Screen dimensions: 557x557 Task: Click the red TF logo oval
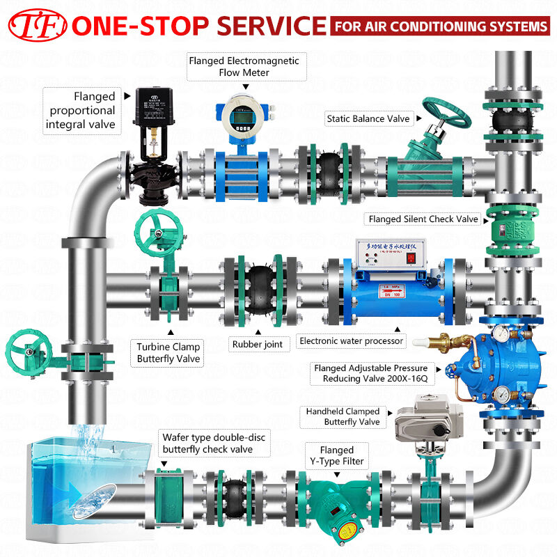click(x=36, y=26)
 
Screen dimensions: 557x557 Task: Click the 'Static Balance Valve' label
click(x=368, y=119)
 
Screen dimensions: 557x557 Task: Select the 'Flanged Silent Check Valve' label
click(x=423, y=219)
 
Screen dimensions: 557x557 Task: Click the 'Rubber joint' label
click(x=256, y=343)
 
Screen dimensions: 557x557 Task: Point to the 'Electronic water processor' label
click(x=351, y=341)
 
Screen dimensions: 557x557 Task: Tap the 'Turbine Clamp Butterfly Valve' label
click(x=168, y=352)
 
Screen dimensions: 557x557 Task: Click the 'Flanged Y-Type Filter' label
click(x=337, y=455)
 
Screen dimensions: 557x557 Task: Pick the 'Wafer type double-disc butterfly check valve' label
click(x=214, y=443)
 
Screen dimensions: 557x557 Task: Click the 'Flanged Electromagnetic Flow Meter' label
click(x=244, y=66)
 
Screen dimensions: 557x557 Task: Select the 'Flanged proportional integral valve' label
click(x=81, y=111)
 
